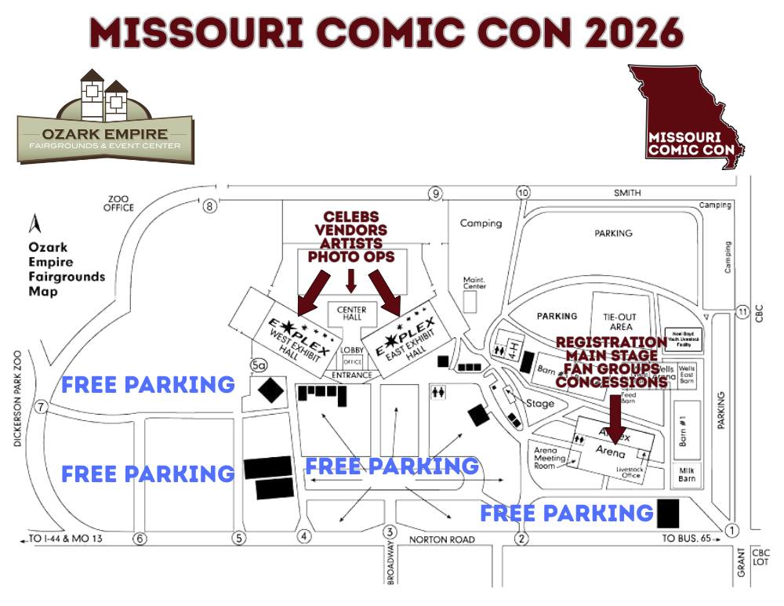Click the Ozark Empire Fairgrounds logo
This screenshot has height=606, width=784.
pos(105,118)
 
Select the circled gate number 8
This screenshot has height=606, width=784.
pos(209,206)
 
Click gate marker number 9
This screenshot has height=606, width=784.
pos(434,194)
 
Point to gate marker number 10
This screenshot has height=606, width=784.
pos(523,193)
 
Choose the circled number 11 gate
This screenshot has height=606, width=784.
pos(743,312)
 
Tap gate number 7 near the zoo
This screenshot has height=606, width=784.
pos(42,408)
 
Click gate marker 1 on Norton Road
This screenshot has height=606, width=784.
pos(732,531)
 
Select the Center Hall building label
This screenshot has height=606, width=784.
pos(351,314)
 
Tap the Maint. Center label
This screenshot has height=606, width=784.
pos(474,282)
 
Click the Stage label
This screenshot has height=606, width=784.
pos(540,404)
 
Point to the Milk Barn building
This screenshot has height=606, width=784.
pos(687,474)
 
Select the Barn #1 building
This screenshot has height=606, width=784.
pos(686,429)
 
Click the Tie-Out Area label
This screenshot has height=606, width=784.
pos(618,321)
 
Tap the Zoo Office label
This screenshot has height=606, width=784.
pos(118,203)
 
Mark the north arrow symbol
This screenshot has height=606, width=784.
pos(34,225)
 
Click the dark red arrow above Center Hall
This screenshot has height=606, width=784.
pos(351,280)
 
